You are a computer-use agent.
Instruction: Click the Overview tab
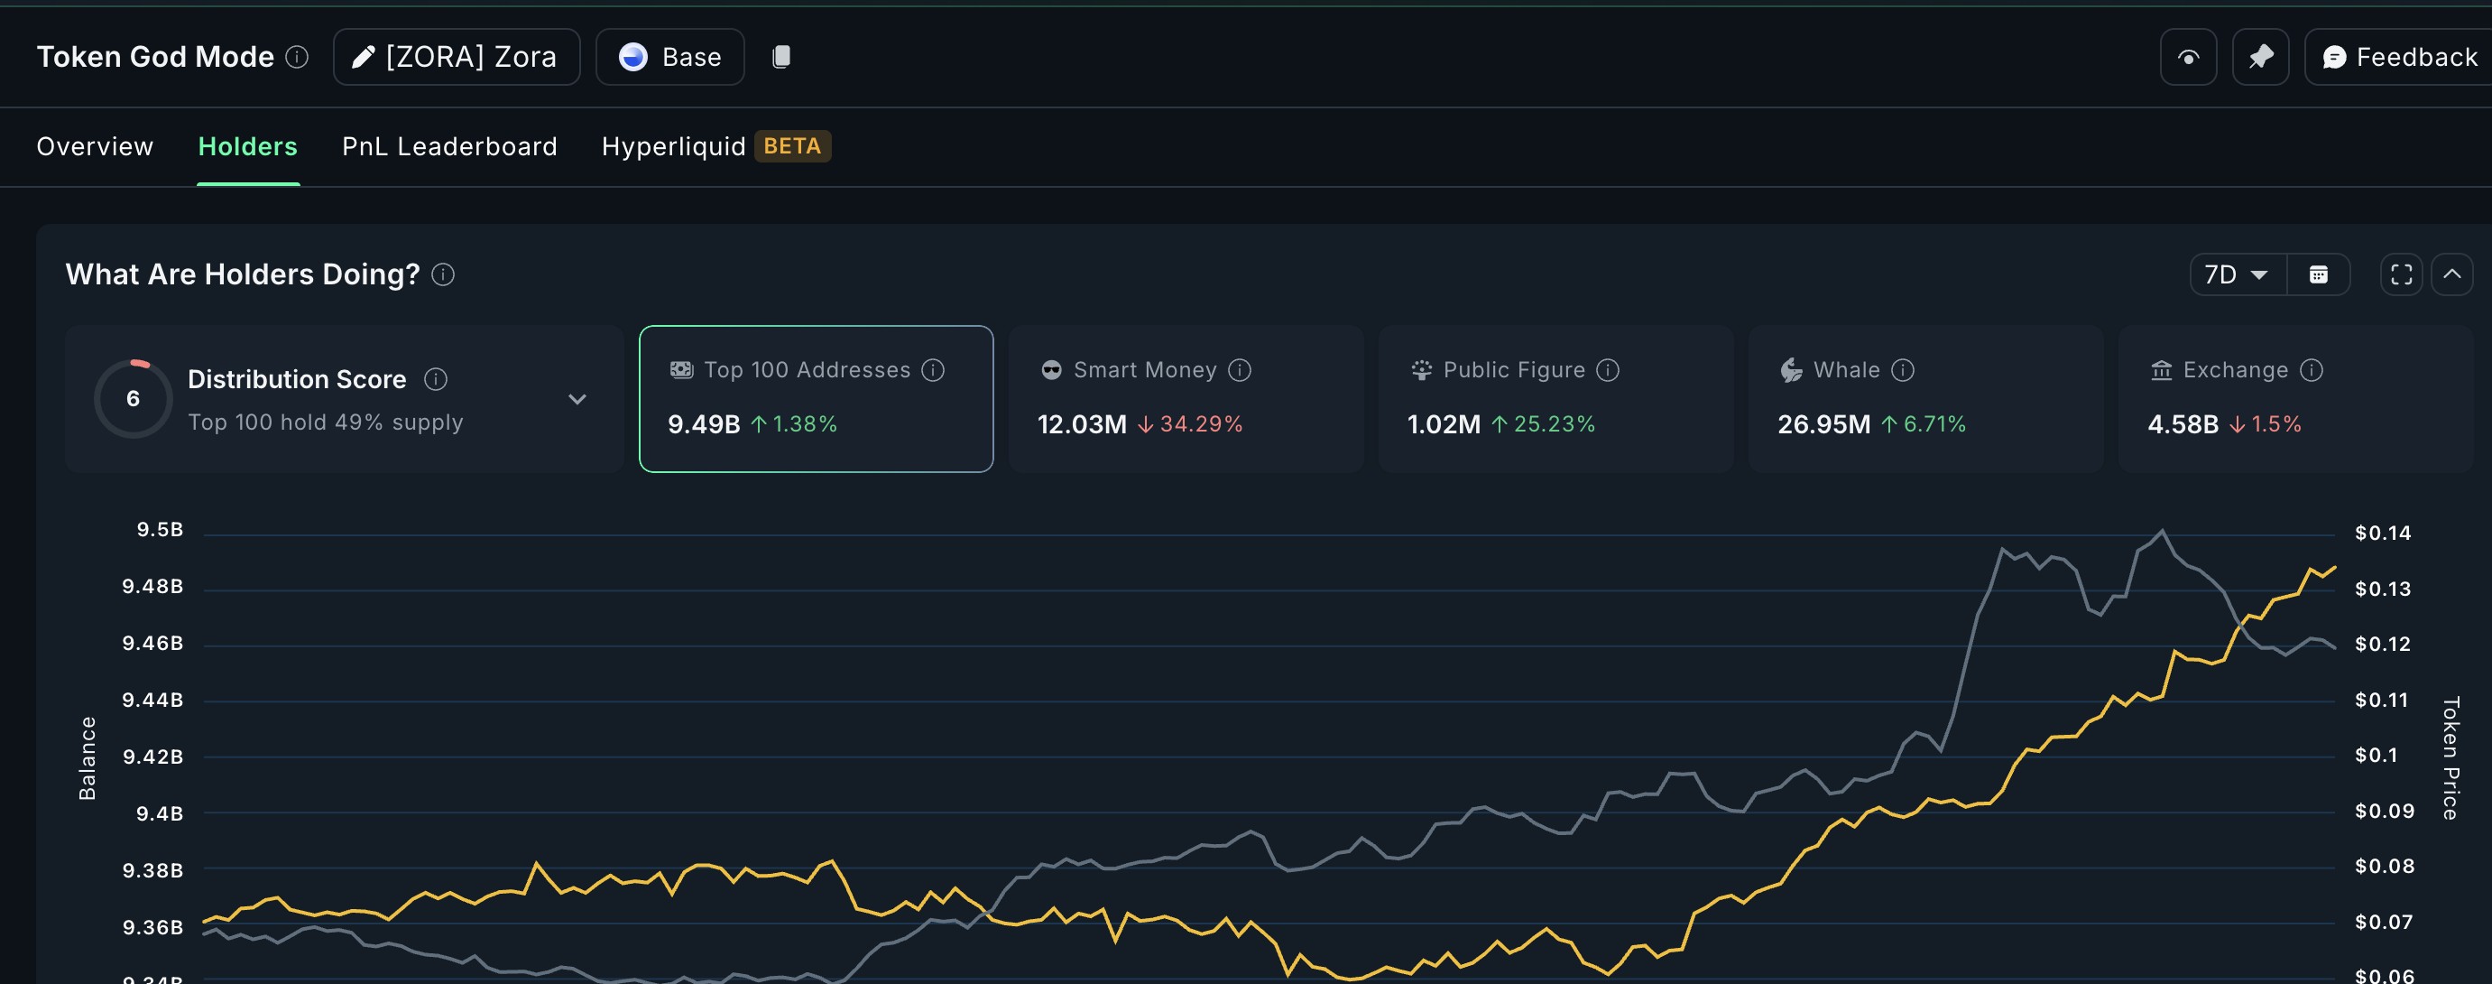(95, 146)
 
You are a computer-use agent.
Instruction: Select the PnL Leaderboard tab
(450, 146)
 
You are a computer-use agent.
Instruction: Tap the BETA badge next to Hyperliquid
(792, 146)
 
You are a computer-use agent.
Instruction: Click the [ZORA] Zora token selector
(457, 57)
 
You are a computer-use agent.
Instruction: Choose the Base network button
(670, 57)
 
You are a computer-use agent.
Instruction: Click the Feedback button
(2399, 57)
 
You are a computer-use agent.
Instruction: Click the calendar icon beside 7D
(2319, 274)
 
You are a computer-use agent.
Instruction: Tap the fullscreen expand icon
(2401, 274)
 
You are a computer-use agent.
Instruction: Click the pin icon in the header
(2261, 57)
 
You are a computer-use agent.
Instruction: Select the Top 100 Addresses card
(817, 399)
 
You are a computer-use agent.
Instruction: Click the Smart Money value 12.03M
(1082, 423)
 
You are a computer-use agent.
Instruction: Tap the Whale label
(1847, 369)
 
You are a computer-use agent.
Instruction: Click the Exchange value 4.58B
(2183, 423)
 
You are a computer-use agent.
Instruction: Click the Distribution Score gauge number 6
(134, 399)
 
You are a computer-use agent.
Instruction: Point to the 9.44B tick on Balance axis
(152, 700)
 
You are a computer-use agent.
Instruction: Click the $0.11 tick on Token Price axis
(2382, 700)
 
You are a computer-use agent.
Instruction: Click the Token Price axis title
(2450, 757)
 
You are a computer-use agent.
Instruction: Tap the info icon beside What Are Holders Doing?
(443, 274)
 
